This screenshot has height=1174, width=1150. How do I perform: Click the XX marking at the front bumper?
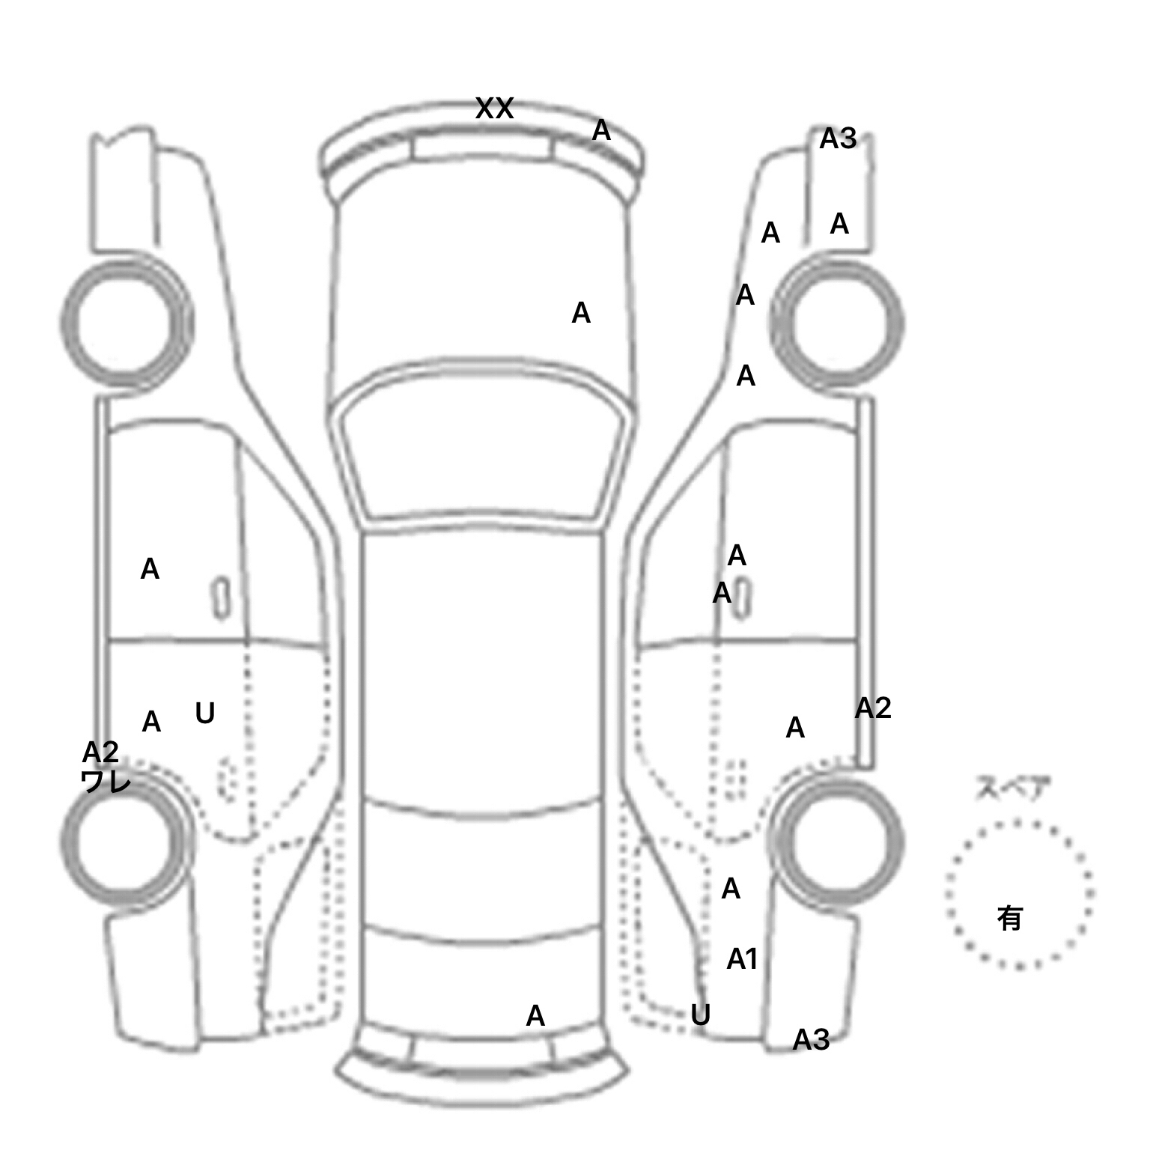tap(494, 109)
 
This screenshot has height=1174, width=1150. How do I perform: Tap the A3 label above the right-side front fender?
tap(838, 139)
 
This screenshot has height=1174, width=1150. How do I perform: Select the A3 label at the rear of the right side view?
tap(811, 1039)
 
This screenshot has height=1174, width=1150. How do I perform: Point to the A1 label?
tap(742, 959)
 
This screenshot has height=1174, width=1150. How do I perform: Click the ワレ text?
tap(106, 782)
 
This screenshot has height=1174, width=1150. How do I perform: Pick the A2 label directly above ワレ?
tap(100, 752)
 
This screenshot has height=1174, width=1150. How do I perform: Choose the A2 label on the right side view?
tap(873, 708)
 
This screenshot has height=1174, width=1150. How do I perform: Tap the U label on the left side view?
tap(204, 714)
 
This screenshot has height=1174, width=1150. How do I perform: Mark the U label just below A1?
tap(700, 1015)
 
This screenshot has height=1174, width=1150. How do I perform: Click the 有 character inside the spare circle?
tap(1010, 917)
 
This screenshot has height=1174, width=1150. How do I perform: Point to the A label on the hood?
tap(581, 313)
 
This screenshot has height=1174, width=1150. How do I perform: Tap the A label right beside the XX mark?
tap(601, 131)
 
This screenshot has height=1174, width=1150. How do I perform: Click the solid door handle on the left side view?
tap(220, 597)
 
